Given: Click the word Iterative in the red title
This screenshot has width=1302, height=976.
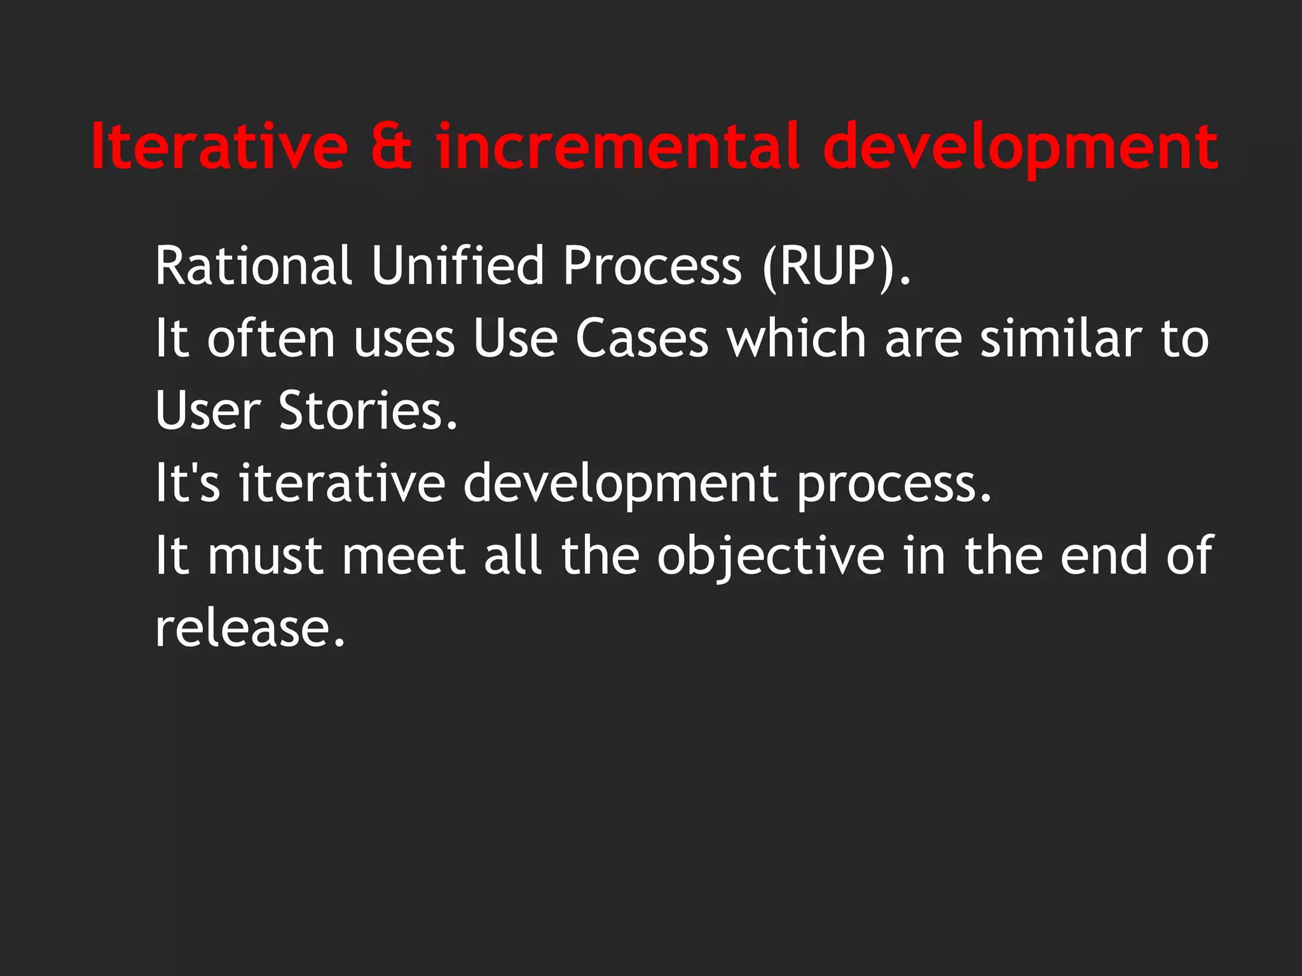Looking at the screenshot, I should (219, 147).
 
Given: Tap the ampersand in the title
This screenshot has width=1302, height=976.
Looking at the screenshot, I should (392, 147).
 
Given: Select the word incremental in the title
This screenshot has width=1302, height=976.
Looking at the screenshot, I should (617, 147).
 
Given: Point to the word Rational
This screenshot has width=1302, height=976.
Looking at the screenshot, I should (253, 266).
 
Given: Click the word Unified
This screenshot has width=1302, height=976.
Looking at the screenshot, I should (457, 266).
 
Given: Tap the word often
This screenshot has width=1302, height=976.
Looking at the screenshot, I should (271, 338).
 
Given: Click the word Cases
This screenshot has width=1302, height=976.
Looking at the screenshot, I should (641, 338).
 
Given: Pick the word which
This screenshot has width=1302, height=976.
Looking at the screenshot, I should (797, 338).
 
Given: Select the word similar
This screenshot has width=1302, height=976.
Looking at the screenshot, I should (1060, 338).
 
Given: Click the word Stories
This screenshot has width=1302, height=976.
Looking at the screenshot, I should (367, 410).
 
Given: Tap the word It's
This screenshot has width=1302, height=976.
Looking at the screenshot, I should (188, 483).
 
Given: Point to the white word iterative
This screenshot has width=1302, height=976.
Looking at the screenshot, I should (342, 483).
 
